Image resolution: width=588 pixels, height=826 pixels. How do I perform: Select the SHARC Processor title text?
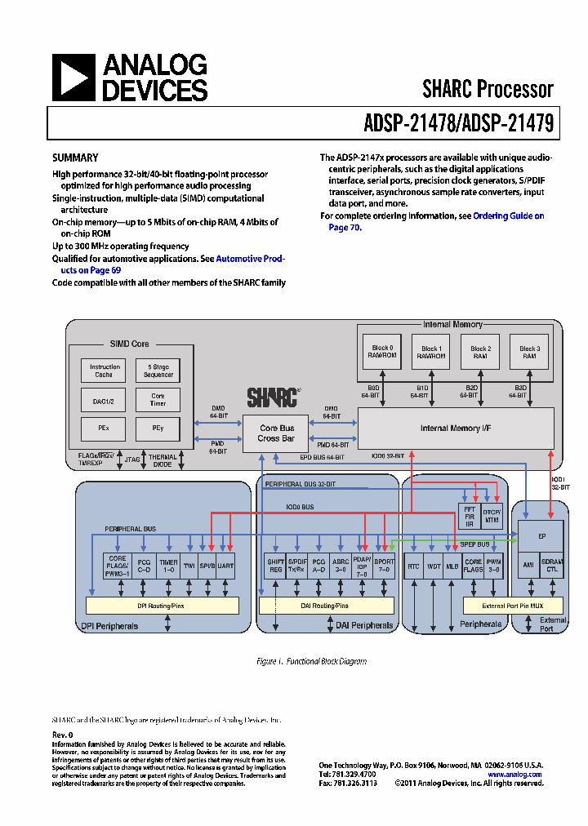pos(488,89)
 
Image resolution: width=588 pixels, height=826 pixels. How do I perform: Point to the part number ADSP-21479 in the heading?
pos(507,123)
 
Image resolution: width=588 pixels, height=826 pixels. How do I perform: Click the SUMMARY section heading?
pos(75,158)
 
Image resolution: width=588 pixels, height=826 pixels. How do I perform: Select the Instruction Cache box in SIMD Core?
pos(105,371)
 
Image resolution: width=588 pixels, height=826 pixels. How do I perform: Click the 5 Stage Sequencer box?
pos(158,371)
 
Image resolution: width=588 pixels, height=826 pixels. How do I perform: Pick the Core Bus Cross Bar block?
pos(276,433)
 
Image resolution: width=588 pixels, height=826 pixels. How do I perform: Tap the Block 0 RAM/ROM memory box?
pos(382,352)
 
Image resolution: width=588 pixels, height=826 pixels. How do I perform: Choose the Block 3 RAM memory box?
pos(529,352)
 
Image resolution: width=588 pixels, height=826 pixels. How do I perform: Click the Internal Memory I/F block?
pos(456,429)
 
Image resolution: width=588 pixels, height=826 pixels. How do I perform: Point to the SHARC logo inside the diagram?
pos(273,397)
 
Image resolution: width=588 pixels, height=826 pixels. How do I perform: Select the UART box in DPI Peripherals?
pos(225,566)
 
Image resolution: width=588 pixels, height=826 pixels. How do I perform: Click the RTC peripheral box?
pos(414,566)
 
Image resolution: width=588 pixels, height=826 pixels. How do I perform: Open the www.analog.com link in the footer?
pos(514,775)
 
